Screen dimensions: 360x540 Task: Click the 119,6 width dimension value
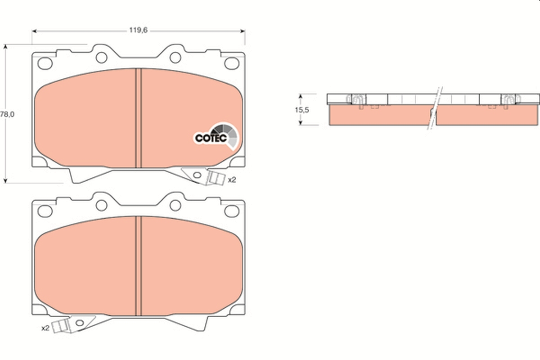pyautogui.click(x=138, y=30)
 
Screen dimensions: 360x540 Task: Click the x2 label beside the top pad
pyautogui.click(x=232, y=180)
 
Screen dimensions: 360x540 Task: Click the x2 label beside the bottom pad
pyautogui.click(x=45, y=328)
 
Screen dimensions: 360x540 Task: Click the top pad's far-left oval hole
pyautogui.click(x=45, y=63)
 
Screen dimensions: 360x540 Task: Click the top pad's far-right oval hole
pyautogui.click(x=232, y=63)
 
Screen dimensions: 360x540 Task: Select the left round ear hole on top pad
pyautogui.click(x=102, y=57)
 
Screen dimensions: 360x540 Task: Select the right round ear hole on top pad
pyautogui.click(x=175, y=57)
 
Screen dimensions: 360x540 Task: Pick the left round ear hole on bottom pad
pyautogui.click(x=102, y=205)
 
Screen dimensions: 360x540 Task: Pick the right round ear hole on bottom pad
pyautogui.click(x=175, y=205)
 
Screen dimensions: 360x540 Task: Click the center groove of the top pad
pyautogui.click(x=139, y=118)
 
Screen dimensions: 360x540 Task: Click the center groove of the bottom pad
pyautogui.click(x=139, y=265)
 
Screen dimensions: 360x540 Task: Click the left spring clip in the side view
pyautogui.click(x=357, y=101)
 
